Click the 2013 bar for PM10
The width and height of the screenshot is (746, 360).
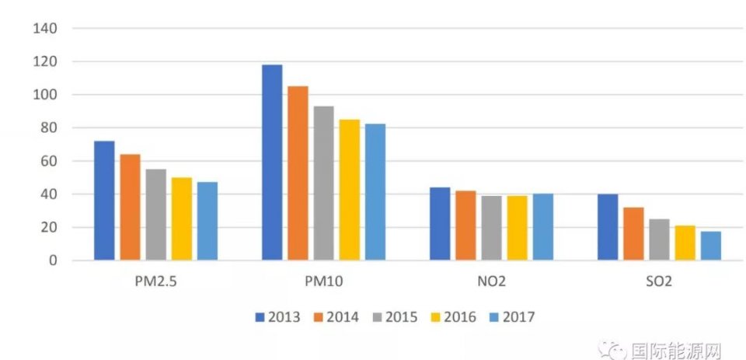[272, 163]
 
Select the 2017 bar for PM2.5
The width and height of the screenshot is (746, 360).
[207, 222]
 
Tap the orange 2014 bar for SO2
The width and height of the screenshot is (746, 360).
[633, 234]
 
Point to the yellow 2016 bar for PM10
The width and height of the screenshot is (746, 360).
[349, 190]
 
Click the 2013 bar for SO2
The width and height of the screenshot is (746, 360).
[608, 227]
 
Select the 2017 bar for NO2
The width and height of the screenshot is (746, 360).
[542, 227]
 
